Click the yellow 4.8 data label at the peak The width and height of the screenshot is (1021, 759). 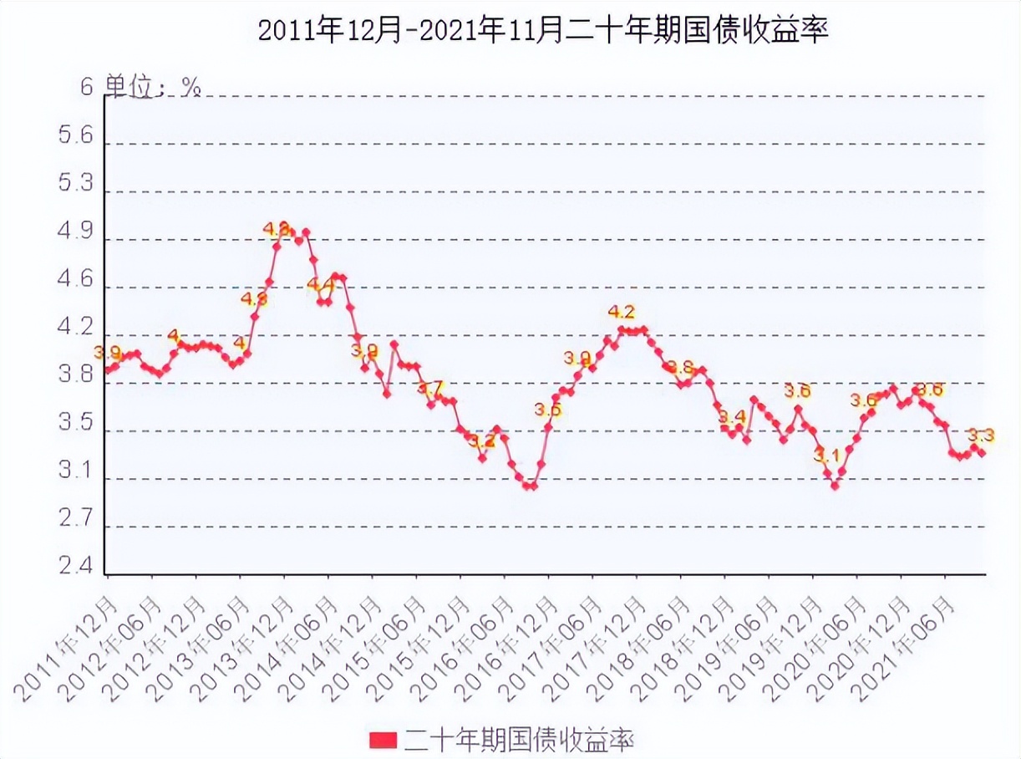(x=276, y=227)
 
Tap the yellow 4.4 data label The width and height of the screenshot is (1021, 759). (x=320, y=285)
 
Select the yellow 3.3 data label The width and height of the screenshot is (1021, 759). (x=981, y=435)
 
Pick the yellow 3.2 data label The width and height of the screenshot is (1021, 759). (x=480, y=441)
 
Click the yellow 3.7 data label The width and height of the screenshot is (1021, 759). (x=431, y=389)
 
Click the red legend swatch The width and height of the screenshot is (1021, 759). (x=383, y=740)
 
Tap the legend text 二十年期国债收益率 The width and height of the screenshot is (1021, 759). (x=519, y=740)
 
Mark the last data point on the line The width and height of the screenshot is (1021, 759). (x=982, y=453)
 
